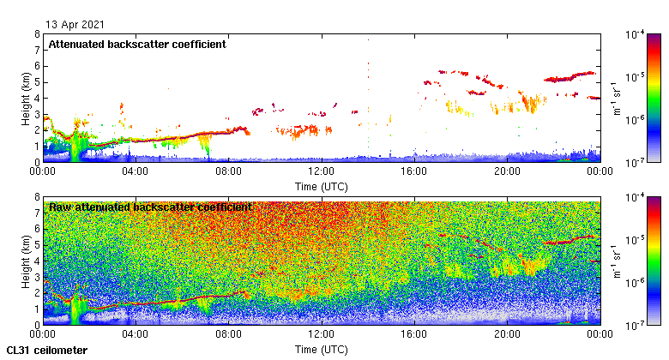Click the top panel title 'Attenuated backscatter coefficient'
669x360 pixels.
tap(137, 44)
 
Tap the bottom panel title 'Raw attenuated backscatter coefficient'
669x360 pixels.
tap(150, 207)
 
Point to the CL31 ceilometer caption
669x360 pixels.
tap(46, 351)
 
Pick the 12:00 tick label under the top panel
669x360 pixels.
tap(322, 171)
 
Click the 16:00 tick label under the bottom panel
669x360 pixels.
tap(414, 335)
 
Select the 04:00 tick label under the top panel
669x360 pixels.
tap(136, 171)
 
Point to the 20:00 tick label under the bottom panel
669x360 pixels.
tap(507, 335)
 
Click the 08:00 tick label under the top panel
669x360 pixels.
tap(229, 171)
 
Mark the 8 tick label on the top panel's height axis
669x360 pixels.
tap(36, 34)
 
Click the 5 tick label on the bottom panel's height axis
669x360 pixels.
tap(36, 244)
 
